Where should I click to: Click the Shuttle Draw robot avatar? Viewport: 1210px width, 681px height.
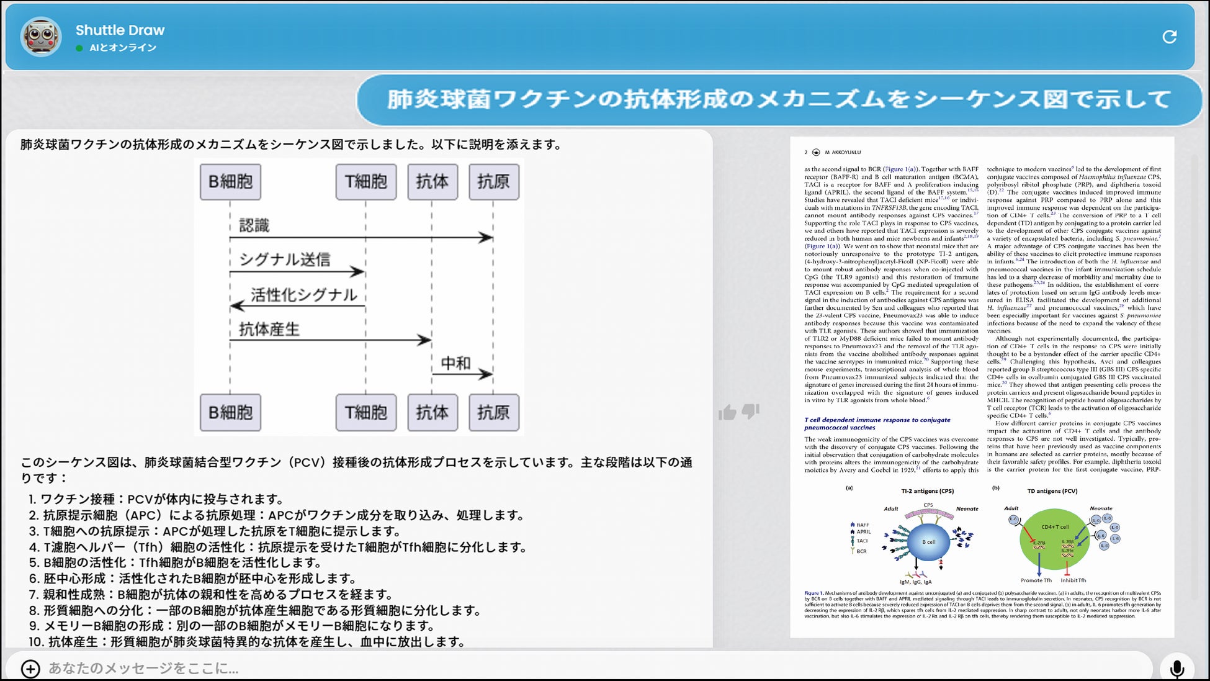[41, 37]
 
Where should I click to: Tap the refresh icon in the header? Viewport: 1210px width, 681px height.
[1169, 37]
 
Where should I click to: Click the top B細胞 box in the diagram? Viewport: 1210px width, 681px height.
[230, 182]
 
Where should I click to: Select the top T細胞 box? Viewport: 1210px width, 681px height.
[365, 182]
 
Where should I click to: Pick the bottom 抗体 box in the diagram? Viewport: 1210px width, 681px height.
[432, 412]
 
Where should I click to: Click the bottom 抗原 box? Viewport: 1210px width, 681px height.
[493, 412]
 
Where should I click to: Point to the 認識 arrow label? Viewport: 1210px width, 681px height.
[254, 225]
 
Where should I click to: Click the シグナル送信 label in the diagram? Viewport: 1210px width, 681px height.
[285, 259]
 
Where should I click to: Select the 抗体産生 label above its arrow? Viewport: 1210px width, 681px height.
[269, 329]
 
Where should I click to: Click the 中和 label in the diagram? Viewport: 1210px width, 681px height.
[455, 363]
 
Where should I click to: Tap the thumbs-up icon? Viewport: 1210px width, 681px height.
[728, 412]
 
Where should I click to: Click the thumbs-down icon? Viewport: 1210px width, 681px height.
[751, 411]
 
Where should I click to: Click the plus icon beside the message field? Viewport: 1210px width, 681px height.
[30, 669]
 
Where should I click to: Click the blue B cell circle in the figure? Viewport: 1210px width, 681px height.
[928, 542]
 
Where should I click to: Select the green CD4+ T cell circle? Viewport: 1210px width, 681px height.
[1054, 539]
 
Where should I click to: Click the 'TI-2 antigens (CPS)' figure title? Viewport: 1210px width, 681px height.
[927, 491]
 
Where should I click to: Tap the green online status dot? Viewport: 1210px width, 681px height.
[79, 48]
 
